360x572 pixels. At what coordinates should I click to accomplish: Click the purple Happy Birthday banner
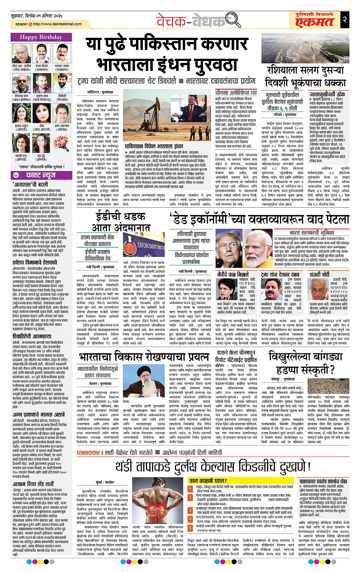(40, 38)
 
